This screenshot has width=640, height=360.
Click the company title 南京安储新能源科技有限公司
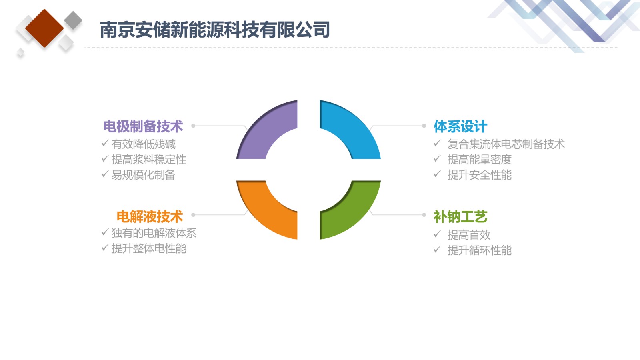click(215, 30)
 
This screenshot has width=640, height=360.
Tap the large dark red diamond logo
click(44, 28)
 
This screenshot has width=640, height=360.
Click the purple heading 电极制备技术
click(143, 126)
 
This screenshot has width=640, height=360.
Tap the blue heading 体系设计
click(460, 126)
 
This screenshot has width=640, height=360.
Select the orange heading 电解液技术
click(150, 216)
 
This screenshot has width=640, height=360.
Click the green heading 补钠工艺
click(460, 216)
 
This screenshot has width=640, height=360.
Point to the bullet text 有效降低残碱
click(144, 144)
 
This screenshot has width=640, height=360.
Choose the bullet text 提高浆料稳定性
click(149, 160)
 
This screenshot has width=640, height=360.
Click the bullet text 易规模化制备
click(144, 175)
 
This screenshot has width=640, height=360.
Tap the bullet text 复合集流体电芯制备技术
click(506, 144)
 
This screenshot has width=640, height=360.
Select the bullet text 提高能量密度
click(480, 160)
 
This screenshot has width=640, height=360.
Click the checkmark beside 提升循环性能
click(437, 250)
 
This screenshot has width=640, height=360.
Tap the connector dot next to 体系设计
click(424, 126)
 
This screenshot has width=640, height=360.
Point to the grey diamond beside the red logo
click(73, 20)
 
